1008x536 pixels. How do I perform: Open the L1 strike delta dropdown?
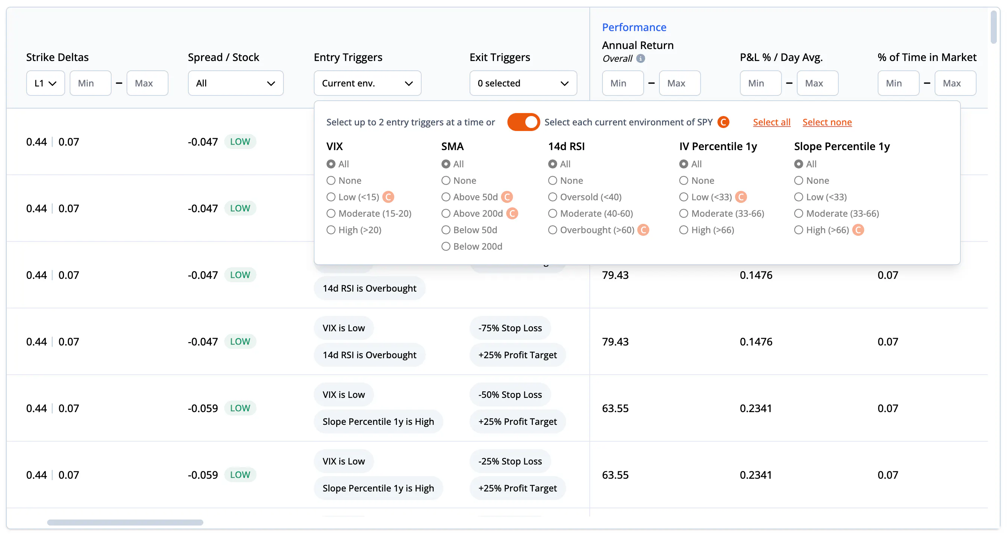(x=45, y=83)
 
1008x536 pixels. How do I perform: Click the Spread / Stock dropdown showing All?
(x=236, y=83)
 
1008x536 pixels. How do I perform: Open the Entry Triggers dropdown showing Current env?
(x=367, y=83)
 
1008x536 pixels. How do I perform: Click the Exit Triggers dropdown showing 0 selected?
(x=523, y=83)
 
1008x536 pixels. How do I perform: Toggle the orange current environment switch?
(x=523, y=122)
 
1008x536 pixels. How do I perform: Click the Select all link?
(x=772, y=122)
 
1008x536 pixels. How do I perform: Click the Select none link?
(x=827, y=122)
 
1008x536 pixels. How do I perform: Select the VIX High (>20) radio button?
(x=331, y=230)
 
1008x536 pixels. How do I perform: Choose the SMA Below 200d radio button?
(x=446, y=247)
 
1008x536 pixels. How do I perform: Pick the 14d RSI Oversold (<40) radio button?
(x=553, y=197)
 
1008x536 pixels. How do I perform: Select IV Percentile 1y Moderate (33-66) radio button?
(x=684, y=214)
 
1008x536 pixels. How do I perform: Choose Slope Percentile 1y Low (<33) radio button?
(x=799, y=197)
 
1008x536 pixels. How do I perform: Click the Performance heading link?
(x=634, y=27)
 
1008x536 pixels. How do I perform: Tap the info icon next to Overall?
(x=641, y=59)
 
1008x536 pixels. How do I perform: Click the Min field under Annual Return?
(x=623, y=83)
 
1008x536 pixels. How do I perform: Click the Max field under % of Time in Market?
(x=955, y=83)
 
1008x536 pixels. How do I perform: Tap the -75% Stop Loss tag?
(x=510, y=328)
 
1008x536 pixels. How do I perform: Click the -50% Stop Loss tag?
(x=510, y=395)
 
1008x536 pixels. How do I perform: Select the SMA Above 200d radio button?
(x=446, y=214)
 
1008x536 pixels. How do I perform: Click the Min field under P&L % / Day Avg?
(x=760, y=83)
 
